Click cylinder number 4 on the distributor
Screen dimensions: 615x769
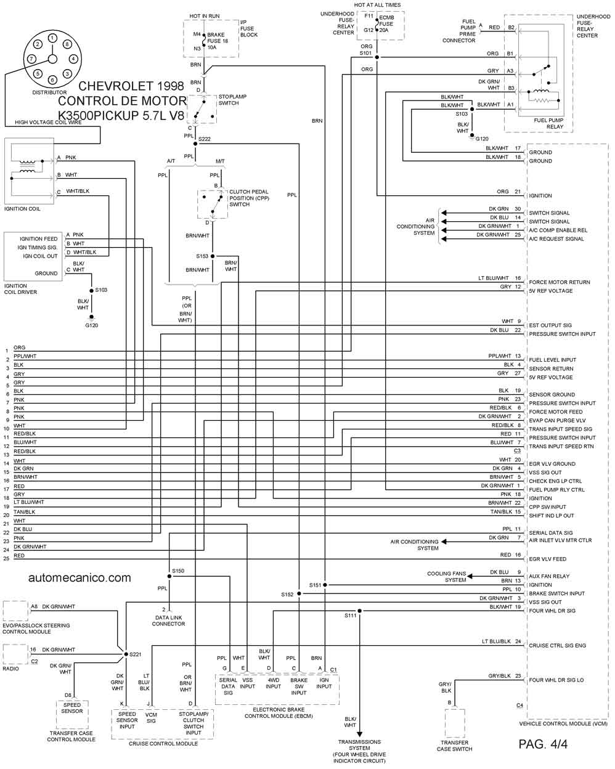point(73,59)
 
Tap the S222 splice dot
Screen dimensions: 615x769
point(195,144)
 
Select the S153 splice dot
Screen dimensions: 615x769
point(213,256)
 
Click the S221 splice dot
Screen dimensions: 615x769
point(126,654)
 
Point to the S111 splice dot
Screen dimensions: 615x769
point(359,611)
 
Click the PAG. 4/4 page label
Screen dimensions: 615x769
point(543,744)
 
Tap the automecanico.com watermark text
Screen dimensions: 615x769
point(79,578)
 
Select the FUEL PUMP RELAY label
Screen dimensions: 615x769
point(548,123)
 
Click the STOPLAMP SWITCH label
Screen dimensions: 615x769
point(232,100)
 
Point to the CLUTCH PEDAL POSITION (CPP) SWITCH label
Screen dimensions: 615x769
point(249,198)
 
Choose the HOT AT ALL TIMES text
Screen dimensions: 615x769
point(377,5)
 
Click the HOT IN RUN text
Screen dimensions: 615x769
point(205,16)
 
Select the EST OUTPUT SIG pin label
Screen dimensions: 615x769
point(550,325)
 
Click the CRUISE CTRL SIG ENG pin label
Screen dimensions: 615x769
point(557,645)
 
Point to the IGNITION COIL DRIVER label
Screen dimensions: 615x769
point(20,289)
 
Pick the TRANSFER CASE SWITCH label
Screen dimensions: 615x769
point(455,746)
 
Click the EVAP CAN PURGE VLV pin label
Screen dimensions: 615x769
point(557,420)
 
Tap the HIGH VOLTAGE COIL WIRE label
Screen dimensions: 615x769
point(48,122)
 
